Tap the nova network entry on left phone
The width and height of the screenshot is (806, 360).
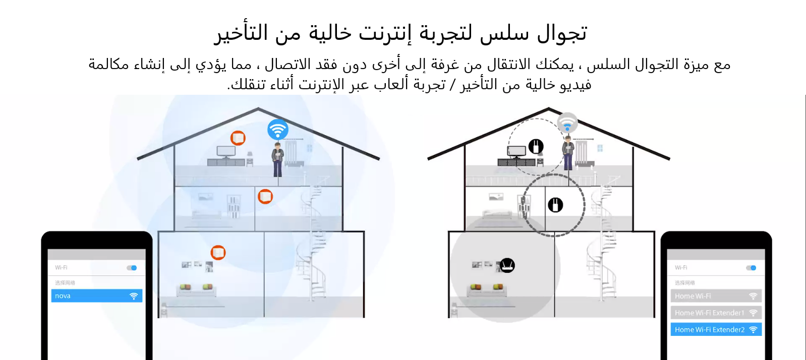coord(96,296)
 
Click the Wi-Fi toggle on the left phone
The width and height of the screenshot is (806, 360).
coord(132,268)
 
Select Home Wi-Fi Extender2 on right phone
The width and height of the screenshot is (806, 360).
coord(715,330)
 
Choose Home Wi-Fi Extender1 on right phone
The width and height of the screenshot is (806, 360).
coord(715,313)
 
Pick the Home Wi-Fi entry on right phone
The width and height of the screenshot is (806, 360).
coord(715,296)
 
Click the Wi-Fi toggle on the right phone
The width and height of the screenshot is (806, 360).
coord(752,268)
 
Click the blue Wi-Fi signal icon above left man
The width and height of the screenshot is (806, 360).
coord(277,130)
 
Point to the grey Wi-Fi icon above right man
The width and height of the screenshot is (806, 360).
coord(567,123)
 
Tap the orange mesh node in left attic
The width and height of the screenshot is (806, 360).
coord(238,138)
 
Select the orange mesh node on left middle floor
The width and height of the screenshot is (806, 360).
coord(265,196)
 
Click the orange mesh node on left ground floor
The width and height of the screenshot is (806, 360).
coord(218,252)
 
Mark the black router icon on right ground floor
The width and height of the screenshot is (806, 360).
coord(507,265)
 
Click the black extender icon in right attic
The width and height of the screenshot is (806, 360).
coord(536,146)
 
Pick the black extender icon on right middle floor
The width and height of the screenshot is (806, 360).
coord(555,205)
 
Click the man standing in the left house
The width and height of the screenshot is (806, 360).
coord(277,159)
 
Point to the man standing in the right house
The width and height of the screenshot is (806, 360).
coord(568,153)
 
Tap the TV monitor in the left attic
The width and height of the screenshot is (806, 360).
coord(225,151)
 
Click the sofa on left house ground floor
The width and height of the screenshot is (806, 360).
coord(196,290)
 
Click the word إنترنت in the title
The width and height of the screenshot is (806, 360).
coord(385,33)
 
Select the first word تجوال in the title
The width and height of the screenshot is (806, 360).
coord(562,33)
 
